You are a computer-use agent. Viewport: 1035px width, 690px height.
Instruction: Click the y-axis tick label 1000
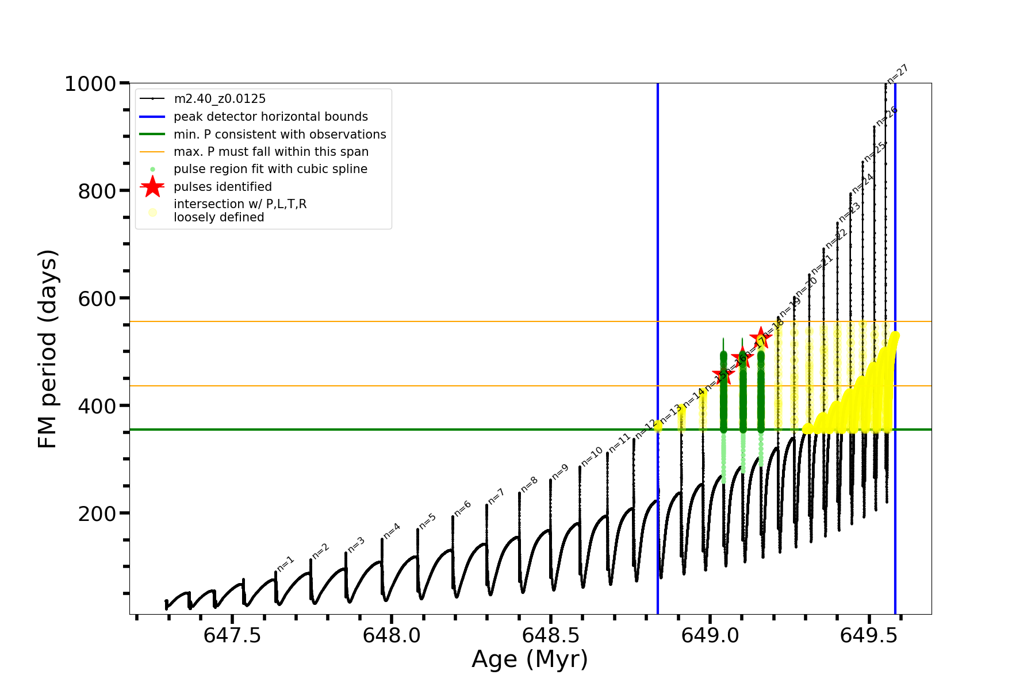pyautogui.click(x=90, y=84)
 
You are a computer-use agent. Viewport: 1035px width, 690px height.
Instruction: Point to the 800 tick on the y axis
pyautogui.click(x=97, y=191)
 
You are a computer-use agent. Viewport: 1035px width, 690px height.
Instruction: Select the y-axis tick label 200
pyautogui.click(x=97, y=513)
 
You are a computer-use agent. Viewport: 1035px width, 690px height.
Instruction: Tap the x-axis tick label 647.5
pyautogui.click(x=232, y=635)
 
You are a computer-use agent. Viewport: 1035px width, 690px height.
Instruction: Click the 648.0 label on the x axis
pyautogui.click(x=391, y=635)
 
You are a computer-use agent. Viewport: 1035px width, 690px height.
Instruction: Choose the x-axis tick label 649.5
pyautogui.click(x=869, y=635)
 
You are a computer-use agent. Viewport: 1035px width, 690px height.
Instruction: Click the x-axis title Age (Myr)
pyautogui.click(x=530, y=660)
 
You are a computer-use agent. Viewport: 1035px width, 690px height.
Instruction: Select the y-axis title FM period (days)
pyautogui.click(x=48, y=349)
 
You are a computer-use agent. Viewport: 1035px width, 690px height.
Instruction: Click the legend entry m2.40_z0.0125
pyautogui.click(x=220, y=99)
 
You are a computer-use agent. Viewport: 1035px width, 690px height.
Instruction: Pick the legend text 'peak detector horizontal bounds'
pyautogui.click(x=270, y=117)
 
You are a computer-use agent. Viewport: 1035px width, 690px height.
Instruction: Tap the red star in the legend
pyautogui.click(x=152, y=187)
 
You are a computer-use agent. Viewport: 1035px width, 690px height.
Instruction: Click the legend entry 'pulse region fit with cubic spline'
pyautogui.click(x=270, y=169)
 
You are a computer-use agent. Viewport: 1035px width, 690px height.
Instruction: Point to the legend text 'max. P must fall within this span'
pyautogui.click(x=271, y=152)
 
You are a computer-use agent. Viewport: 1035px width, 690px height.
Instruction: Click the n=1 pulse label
pyautogui.click(x=285, y=563)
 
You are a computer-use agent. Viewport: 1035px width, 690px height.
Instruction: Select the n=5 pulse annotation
pyautogui.click(x=427, y=521)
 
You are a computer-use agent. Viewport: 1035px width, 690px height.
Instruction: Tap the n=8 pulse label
pyautogui.click(x=529, y=484)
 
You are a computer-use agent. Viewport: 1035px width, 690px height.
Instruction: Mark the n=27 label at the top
pyautogui.click(x=897, y=74)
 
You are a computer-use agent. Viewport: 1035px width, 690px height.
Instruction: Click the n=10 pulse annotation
pyautogui.click(x=592, y=457)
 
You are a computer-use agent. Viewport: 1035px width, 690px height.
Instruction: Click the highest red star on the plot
pyautogui.click(x=761, y=338)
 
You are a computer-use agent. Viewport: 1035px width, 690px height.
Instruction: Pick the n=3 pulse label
pyautogui.click(x=356, y=545)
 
